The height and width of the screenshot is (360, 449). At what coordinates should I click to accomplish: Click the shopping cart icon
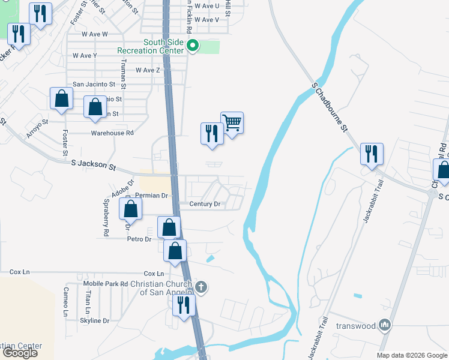(232, 123)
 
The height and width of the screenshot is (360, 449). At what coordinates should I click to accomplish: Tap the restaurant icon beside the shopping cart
(211, 133)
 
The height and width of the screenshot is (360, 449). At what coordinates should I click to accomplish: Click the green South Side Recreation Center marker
(193, 46)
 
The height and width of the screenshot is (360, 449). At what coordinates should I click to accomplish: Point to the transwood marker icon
(385, 326)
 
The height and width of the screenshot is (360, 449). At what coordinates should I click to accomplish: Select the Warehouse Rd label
(112, 133)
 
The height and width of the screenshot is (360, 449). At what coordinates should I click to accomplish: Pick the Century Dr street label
(205, 204)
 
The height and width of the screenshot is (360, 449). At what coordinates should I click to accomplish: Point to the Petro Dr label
(138, 239)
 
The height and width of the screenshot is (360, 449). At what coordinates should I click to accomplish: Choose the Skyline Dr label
(94, 321)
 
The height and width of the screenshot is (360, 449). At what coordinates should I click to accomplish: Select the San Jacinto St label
(94, 85)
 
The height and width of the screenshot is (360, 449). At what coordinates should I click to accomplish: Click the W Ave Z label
(148, 70)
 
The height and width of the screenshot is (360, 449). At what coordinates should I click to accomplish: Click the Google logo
(20, 353)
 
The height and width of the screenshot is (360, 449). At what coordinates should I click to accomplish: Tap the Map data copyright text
(411, 355)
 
